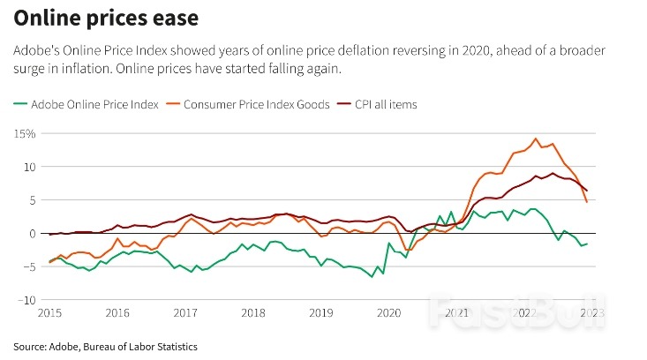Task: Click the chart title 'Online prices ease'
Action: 106,19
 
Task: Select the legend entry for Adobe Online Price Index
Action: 86,104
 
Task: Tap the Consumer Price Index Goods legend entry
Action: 248,104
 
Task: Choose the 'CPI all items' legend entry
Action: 377,104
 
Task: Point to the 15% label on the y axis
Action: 25,133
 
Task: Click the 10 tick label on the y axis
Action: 30,167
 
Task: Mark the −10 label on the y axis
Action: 26,300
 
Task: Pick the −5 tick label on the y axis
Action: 29,266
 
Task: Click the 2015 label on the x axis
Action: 49,313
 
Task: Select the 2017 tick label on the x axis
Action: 185,313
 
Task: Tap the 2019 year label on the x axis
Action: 321,313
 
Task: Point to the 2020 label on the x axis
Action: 388,313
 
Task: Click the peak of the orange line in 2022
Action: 536,139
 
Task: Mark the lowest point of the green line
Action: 372,277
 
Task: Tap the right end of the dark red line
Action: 587,191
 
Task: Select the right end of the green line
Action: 587,244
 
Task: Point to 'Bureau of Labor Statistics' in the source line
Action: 140,347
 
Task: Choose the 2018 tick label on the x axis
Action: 253,313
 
